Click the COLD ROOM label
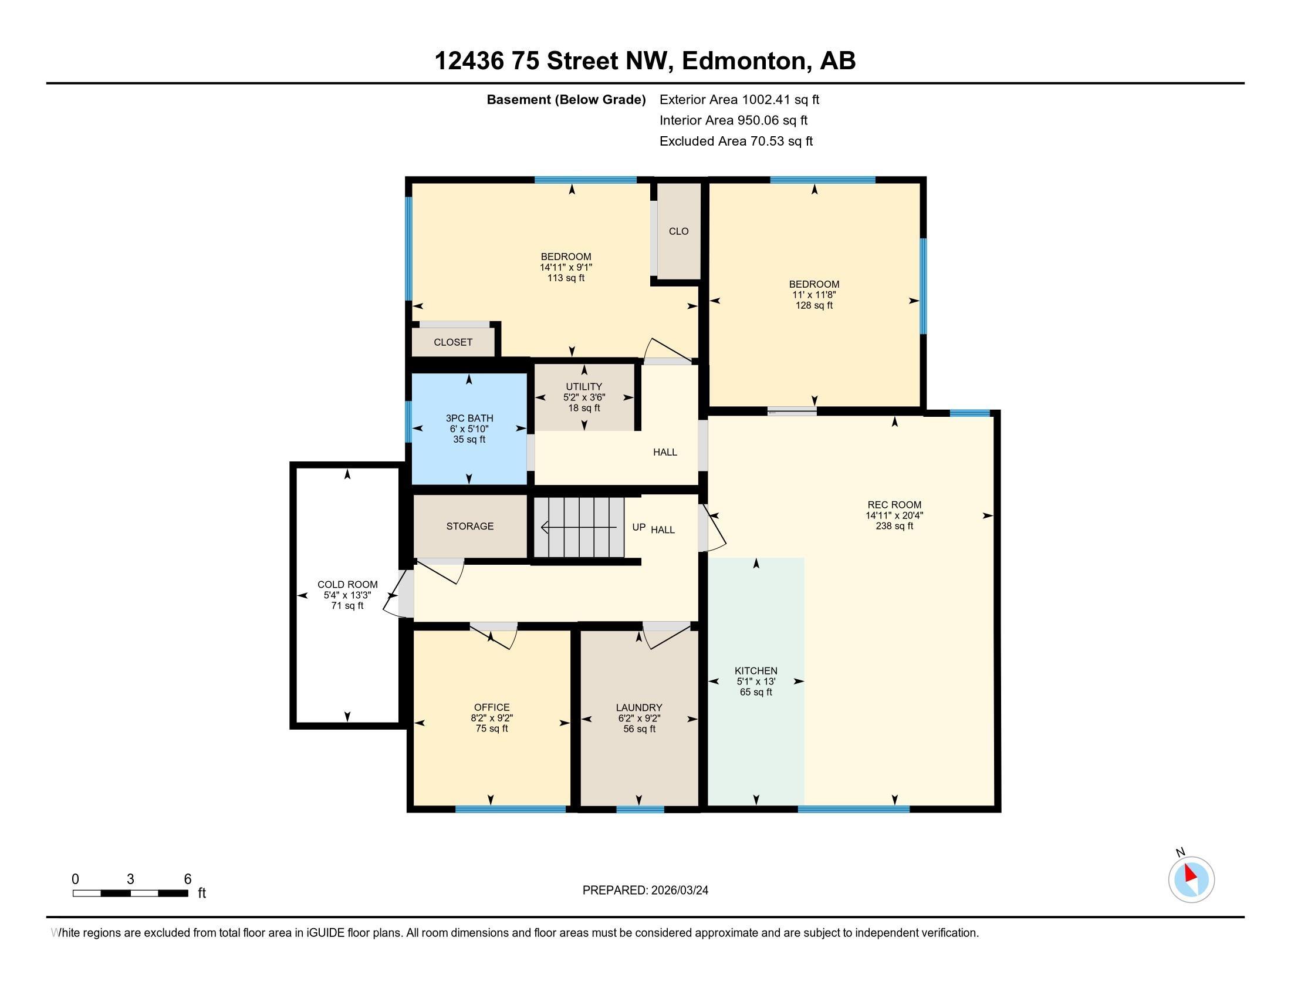(x=347, y=584)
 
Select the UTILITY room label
(x=584, y=387)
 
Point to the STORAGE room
(x=470, y=526)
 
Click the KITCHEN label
(x=755, y=670)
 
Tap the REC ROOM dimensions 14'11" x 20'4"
(x=894, y=515)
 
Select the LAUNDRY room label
(x=639, y=708)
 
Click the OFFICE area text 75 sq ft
(x=492, y=729)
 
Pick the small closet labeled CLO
(x=678, y=231)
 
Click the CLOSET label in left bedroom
(x=453, y=342)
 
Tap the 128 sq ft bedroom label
(x=814, y=306)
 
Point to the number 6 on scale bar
(x=187, y=879)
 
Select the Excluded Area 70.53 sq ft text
(x=736, y=141)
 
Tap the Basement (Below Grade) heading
(x=566, y=100)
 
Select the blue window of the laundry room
(x=640, y=809)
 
